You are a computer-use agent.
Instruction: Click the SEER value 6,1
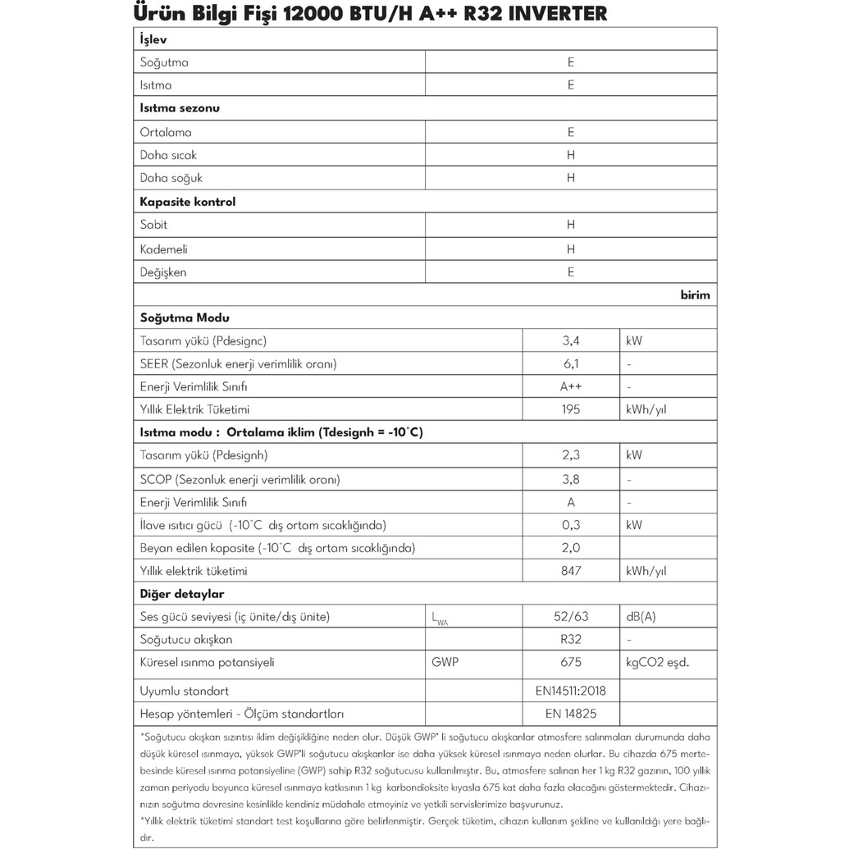[571, 363]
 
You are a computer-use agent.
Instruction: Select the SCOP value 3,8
[571, 479]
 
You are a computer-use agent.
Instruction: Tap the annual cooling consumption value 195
[571, 409]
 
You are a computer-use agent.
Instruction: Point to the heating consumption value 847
[571, 571]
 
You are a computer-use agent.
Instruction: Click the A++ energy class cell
[571, 386]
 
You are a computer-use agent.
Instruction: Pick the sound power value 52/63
[571, 617]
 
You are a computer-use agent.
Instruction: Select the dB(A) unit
[641, 617]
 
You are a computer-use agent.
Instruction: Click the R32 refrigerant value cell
[571, 640]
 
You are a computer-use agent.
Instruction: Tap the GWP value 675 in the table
[571, 663]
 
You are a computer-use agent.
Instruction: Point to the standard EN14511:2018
[571, 691]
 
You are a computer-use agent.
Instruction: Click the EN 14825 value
[571, 714]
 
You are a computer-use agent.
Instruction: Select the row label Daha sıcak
[169, 155]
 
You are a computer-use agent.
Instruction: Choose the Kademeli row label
[164, 249]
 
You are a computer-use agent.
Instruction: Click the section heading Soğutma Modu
[185, 317]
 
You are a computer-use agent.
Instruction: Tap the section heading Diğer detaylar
[182, 594]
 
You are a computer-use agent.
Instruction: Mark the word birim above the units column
[695, 295]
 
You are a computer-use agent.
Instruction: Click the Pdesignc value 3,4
[571, 340]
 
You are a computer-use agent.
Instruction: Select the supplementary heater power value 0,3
[571, 525]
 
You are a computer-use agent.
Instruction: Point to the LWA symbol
[440, 618]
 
